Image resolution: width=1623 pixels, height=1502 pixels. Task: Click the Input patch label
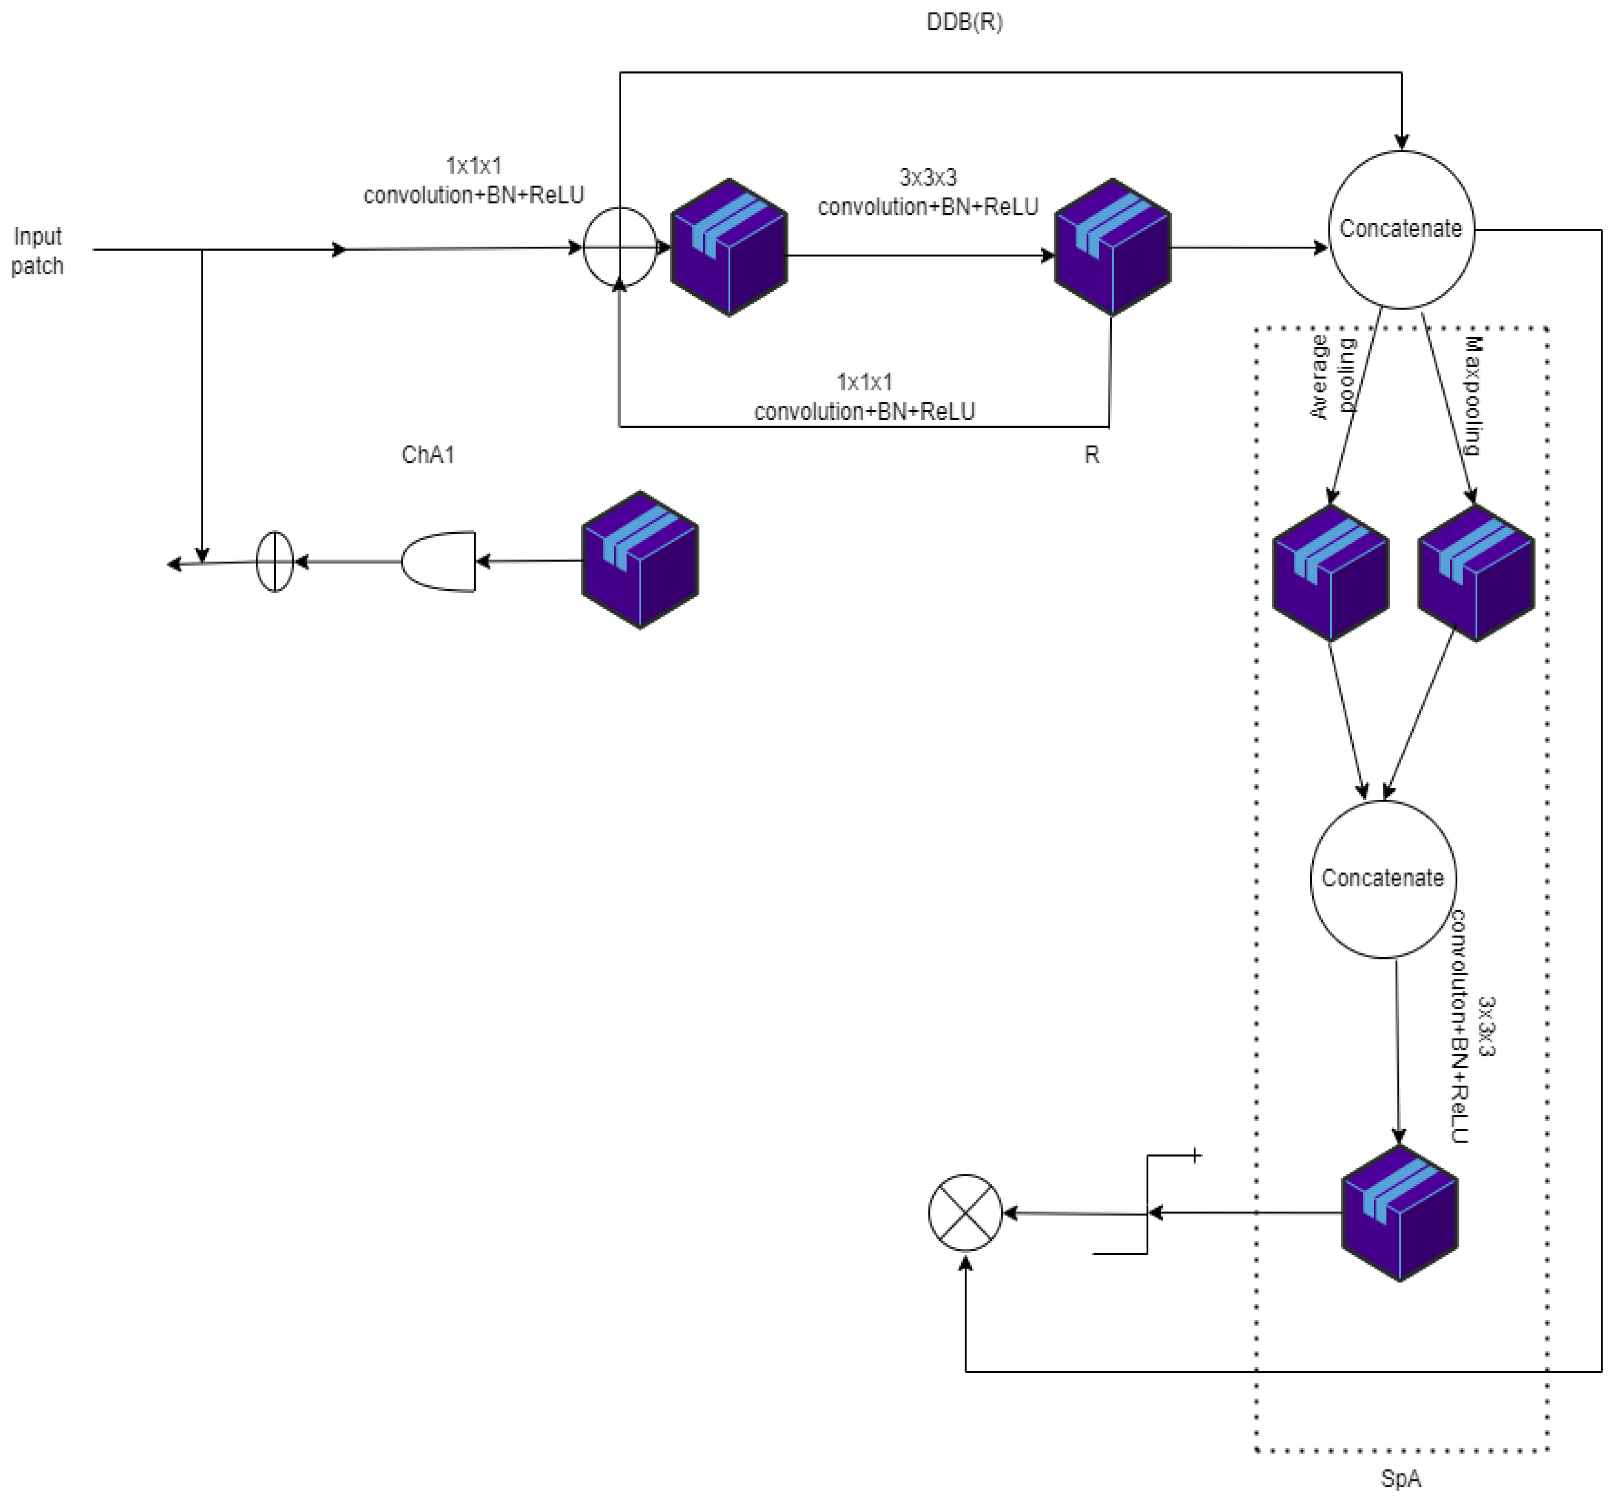tap(37, 251)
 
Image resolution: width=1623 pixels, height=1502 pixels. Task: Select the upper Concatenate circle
tap(1400, 229)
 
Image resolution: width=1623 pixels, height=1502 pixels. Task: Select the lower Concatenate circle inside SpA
tap(1382, 878)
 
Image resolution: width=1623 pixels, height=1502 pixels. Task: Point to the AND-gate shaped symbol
tap(439, 562)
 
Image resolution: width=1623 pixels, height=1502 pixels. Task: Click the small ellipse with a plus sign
tap(274, 562)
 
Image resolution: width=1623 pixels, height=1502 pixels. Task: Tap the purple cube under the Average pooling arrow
tap(1330, 573)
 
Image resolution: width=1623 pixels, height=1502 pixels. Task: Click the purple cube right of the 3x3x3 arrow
tap(1112, 247)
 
